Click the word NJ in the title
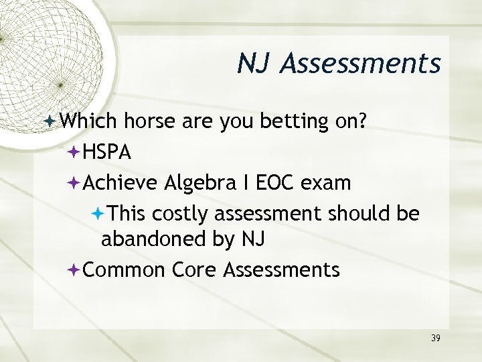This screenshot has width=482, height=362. click(x=254, y=64)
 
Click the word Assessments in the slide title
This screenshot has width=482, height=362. click(x=362, y=64)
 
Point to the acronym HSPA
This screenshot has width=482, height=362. click(x=108, y=153)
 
